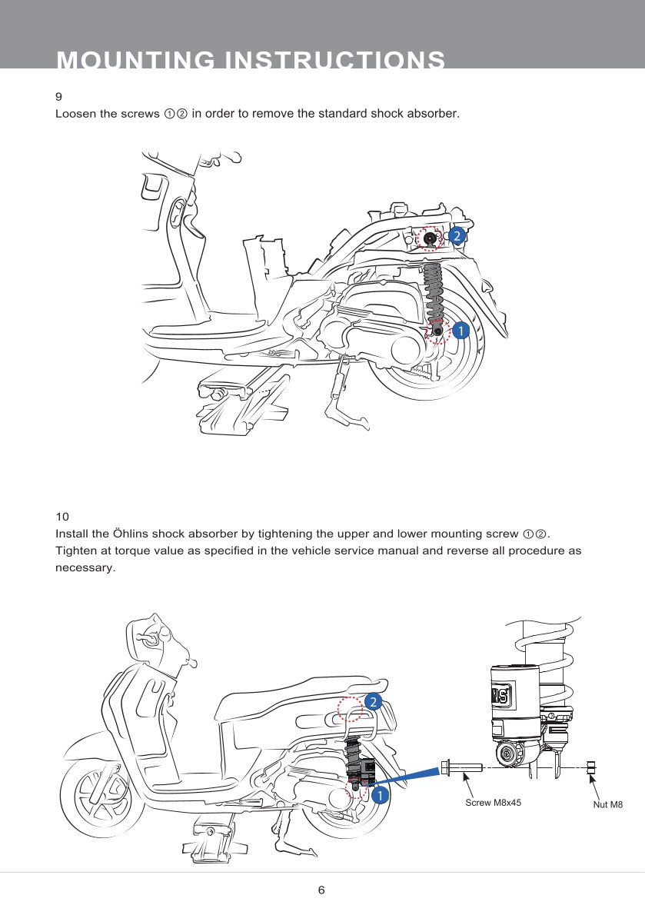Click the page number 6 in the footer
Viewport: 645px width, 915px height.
[x=321, y=890]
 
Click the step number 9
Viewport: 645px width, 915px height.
[x=59, y=96]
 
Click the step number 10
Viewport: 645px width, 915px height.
[x=62, y=517]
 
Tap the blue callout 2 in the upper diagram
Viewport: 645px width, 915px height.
[x=457, y=236]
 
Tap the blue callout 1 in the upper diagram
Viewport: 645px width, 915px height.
[x=460, y=331]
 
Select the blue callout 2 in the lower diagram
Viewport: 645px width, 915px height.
[x=373, y=701]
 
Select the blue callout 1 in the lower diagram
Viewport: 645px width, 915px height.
[x=380, y=795]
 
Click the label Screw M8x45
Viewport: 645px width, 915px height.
[x=494, y=803]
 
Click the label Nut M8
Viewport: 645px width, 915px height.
[x=607, y=804]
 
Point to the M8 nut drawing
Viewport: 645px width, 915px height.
[x=590, y=767]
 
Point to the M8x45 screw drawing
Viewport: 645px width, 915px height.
[x=461, y=767]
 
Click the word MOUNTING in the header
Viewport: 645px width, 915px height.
[x=136, y=60]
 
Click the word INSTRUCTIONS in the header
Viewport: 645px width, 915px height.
[x=335, y=60]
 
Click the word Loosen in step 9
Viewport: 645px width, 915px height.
[x=74, y=113]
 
